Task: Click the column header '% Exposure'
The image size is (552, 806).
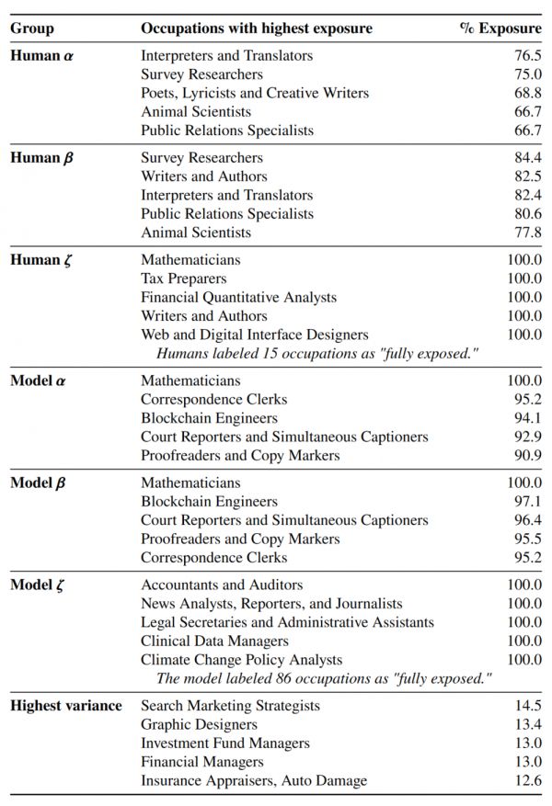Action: pos(500,28)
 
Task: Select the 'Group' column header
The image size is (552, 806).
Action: pos(32,28)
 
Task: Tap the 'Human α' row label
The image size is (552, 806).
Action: pos(42,55)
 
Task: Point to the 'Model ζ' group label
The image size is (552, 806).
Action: pos(41,585)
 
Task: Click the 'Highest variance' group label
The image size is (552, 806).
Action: pos(66,705)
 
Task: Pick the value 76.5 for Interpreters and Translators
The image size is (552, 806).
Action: pos(527,55)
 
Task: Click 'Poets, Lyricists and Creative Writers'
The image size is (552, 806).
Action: pos(255,93)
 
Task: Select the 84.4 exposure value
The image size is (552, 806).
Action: pos(527,158)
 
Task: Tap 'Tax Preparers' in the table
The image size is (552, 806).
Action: pos(183,278)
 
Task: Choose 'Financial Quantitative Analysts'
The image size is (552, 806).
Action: pos(238,297)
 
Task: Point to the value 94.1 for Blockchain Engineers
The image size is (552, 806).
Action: pos(527,418)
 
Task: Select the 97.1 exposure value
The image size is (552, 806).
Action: pos(527,502)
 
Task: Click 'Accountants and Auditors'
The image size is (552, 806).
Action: pos(222,585)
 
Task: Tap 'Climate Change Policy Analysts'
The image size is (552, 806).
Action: pos(241,660)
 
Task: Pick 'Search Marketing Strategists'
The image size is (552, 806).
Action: pos(230,705)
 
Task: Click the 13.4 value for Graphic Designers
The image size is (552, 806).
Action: pos(527,724)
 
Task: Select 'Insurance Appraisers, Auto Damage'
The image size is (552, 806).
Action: pos(254,780)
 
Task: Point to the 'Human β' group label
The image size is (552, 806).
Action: pos(42,158)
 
